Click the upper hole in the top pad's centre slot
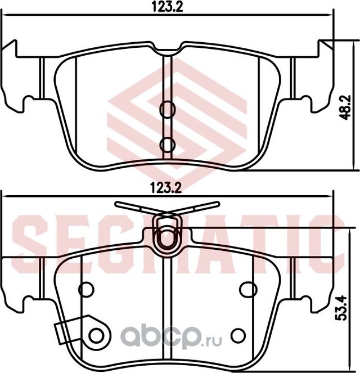[x=167, y=110]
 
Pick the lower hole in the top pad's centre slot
[x=167, y=145]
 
